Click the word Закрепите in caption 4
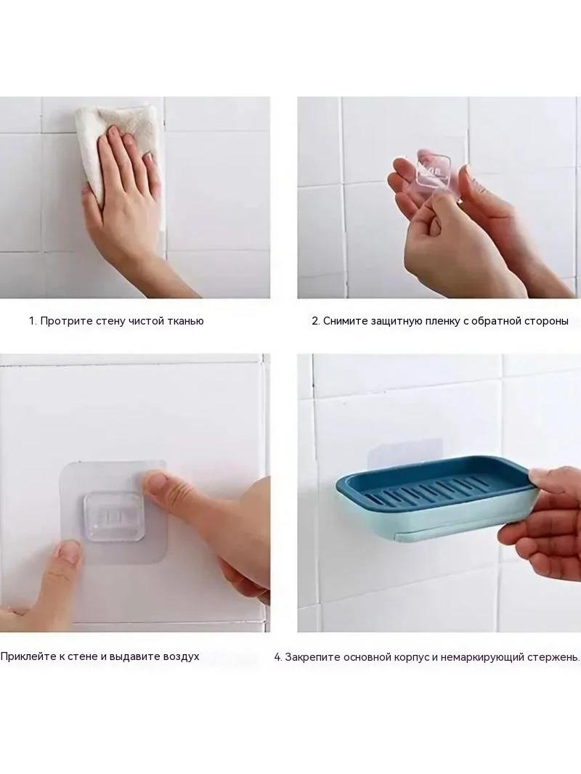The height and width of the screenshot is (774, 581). [312, 657]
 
